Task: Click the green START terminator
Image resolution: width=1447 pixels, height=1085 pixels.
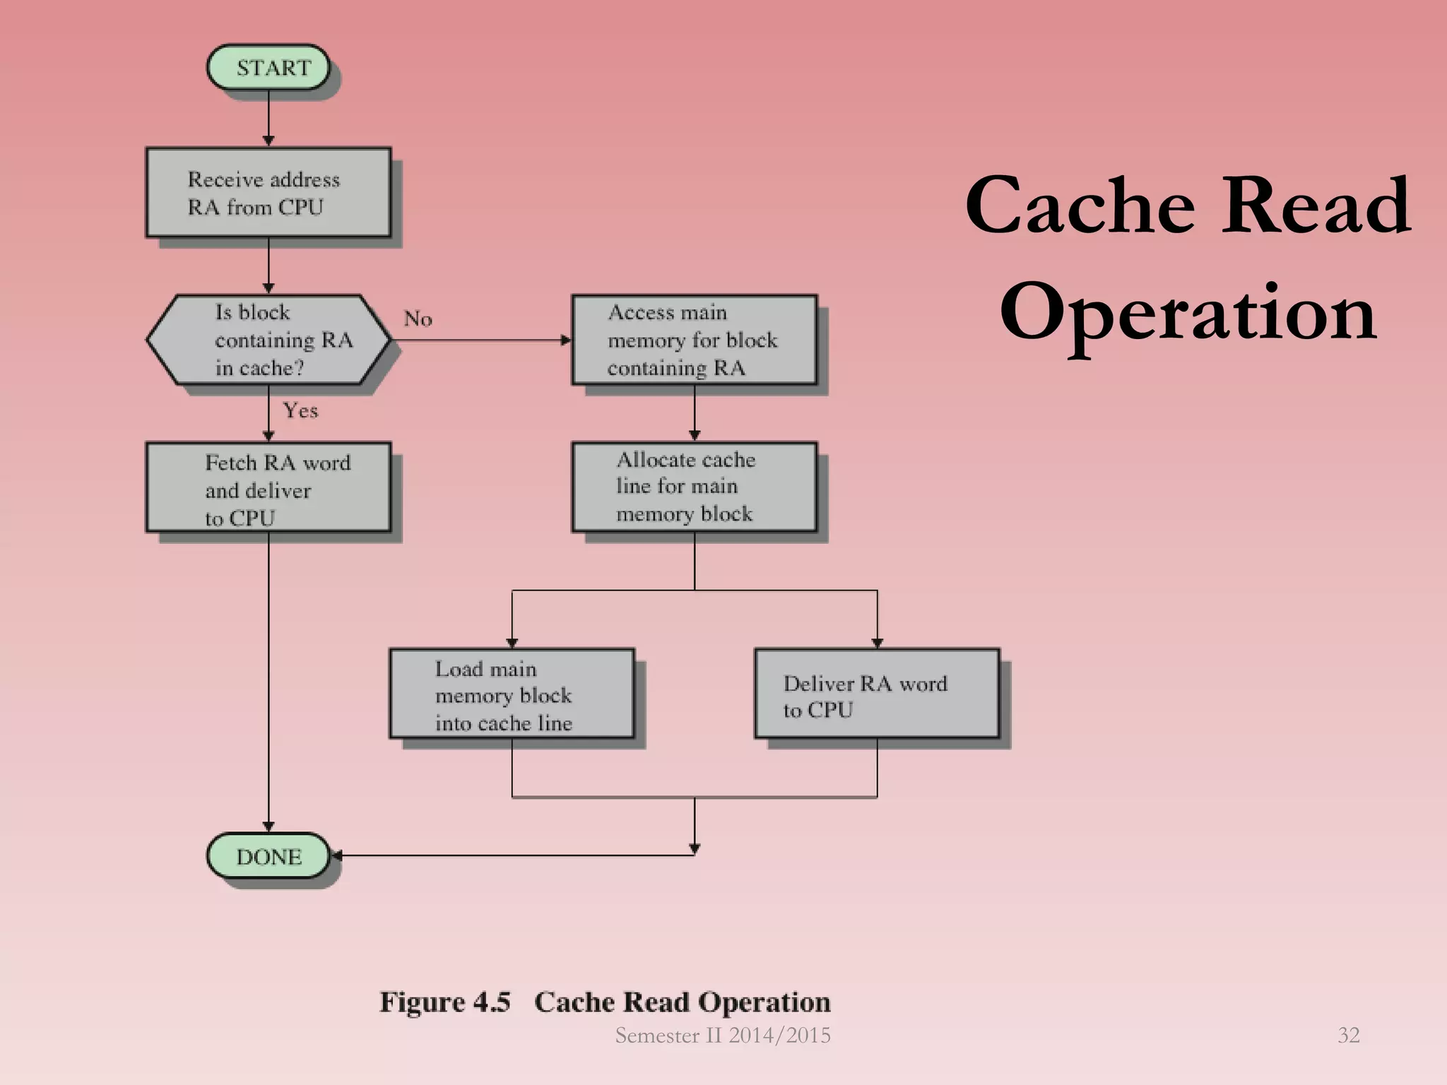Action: (x=268, y=68)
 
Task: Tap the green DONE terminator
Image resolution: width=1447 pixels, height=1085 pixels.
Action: (x=268, y=856)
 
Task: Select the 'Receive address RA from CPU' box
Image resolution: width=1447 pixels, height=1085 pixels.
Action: (x=268, y=192)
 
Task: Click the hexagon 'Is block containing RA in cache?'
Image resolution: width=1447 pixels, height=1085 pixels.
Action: (x=268, y=340)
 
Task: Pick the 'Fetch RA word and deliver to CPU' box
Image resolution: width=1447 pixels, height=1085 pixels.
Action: (x=268, y=487)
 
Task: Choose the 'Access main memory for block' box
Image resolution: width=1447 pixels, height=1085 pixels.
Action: (x=694, y=340)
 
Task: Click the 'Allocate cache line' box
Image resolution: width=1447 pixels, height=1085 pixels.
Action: (x=694, y=487)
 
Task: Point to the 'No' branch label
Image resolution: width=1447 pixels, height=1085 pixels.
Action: (x=418, y=319)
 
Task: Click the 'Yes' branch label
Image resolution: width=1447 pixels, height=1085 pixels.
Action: (x=300, y=410)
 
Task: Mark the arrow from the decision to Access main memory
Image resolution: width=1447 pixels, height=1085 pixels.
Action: (x=480, y=340)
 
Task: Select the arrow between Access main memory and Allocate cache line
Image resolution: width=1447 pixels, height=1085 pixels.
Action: (x=695, y=413)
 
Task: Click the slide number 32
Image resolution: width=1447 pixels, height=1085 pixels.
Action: (x=1348, y=1035)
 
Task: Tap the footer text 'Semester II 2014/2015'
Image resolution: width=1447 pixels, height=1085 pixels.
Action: (x=723, y=1036)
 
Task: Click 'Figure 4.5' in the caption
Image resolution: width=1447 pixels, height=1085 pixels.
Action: (x=444, y=1002)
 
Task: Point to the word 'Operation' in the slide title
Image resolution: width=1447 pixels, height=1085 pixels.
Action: (x=1188, y=313)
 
